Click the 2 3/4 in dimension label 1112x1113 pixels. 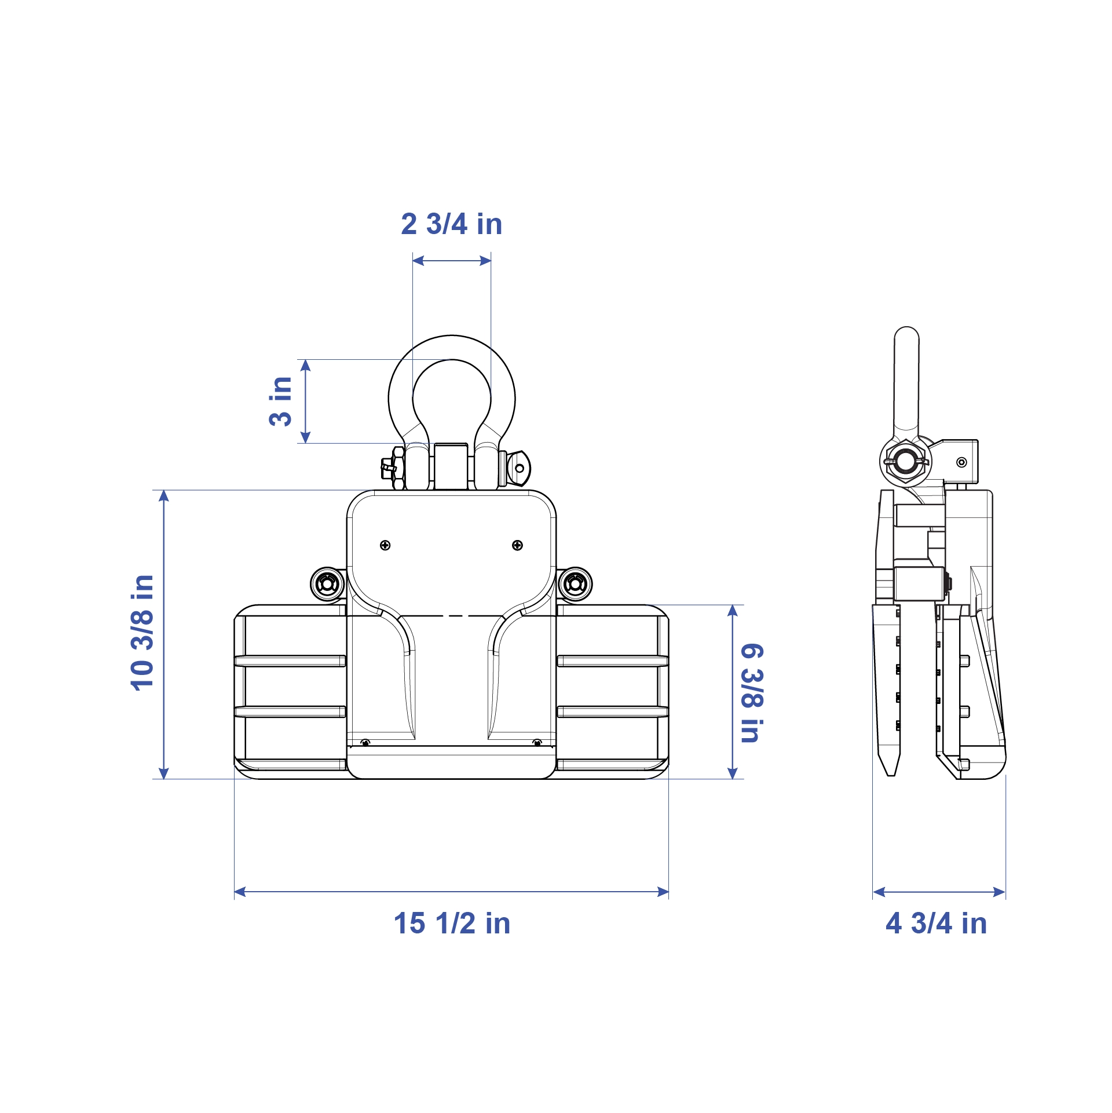pos(451,224)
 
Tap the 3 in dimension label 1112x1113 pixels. pos(281,401)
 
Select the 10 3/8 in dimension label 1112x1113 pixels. pos(142,633)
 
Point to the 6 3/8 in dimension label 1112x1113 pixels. pos(752,692)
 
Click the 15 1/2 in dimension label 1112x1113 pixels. pos(452,923)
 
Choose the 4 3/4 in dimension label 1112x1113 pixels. pos(936,923)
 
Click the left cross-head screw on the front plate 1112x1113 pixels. pos(385,545)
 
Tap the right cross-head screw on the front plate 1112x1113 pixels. pos(518,545)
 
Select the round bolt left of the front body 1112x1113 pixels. pos(328,585)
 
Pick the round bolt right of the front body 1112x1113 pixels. pos(575,585)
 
